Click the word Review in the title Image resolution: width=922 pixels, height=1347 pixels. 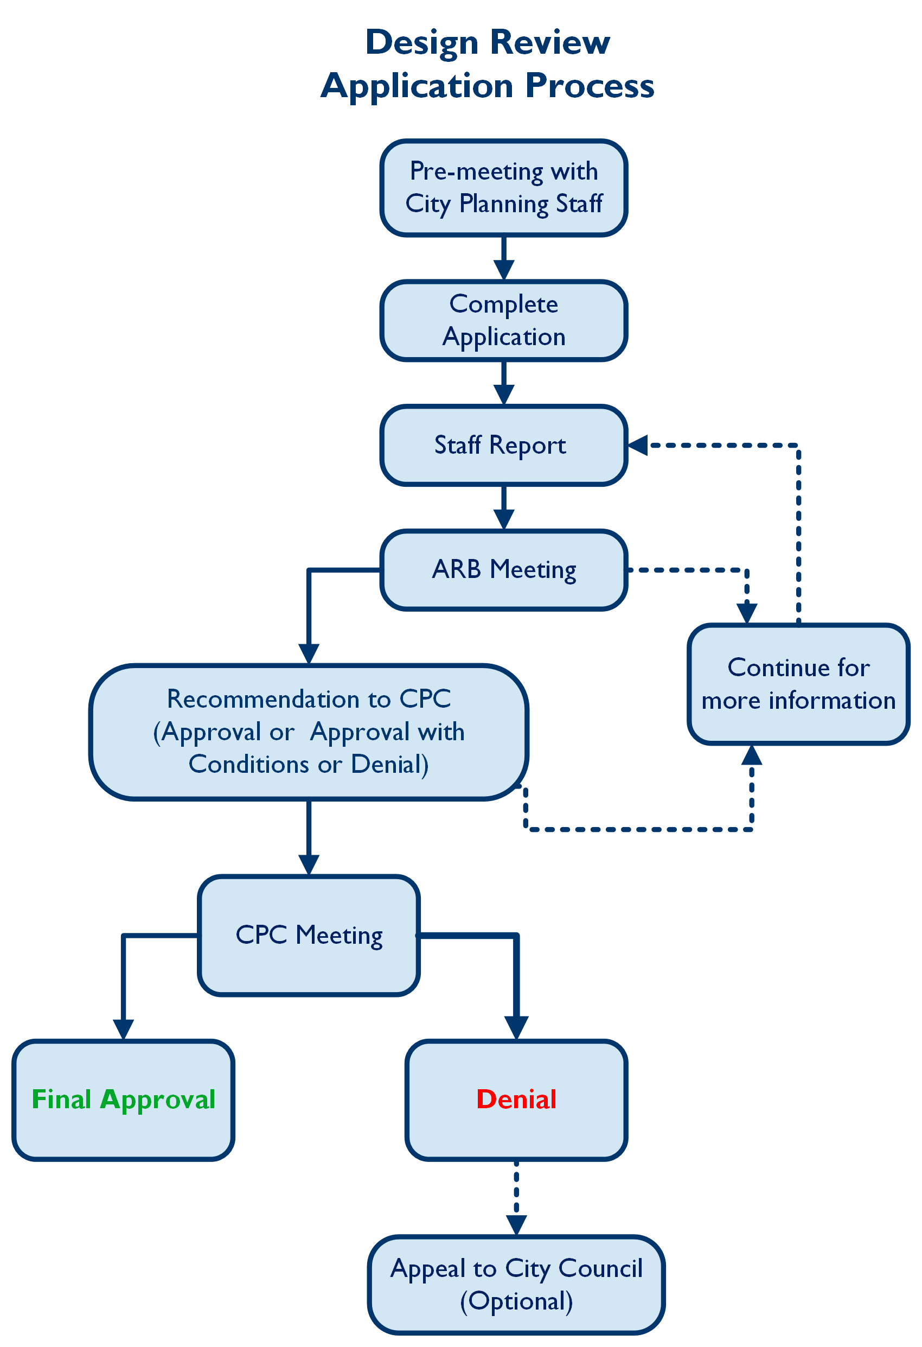[x=549, y=42]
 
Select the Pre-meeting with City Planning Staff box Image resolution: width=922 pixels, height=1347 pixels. [x=503, y=188]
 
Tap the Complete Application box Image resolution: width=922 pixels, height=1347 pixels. [x=503, y=321]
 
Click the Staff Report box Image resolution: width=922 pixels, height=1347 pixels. [x=503, y=445]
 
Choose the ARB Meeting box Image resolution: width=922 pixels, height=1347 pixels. [x=503, y=569]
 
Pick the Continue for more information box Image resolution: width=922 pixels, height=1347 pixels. [x=798, y=684]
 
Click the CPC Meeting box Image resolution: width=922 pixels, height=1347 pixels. [x=309, y=936]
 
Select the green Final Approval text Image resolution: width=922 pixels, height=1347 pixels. [x=123, y=1100]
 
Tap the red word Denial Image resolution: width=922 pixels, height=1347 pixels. [x=516, y=1100]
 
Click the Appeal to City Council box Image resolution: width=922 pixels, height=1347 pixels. [x=516, y=1285]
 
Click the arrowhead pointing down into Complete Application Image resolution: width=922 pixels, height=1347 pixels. [x=503, y=270]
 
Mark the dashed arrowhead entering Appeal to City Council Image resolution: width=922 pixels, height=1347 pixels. [x=516, y=1225]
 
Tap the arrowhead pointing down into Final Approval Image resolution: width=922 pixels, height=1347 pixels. [x=123, y=1029]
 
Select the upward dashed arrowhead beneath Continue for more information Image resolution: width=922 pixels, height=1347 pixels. [x=751, y=756]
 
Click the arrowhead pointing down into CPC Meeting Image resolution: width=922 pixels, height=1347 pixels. [x=309, y=864]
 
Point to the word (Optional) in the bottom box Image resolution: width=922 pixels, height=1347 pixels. [x=516, y=1301]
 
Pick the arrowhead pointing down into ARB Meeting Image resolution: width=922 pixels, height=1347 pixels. [x=503, y=518]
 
